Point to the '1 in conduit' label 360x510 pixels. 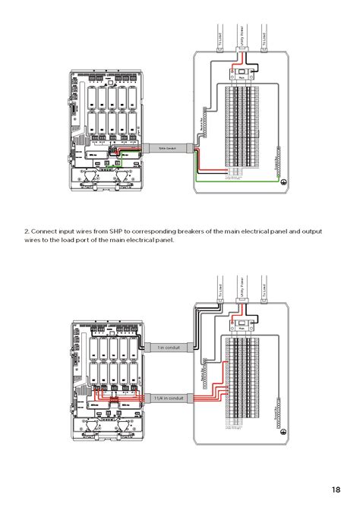tap(168, 347)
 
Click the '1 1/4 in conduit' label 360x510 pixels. tap(168, 398)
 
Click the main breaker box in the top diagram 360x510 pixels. tap(242, 76)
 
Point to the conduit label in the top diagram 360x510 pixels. tap(166, 149)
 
